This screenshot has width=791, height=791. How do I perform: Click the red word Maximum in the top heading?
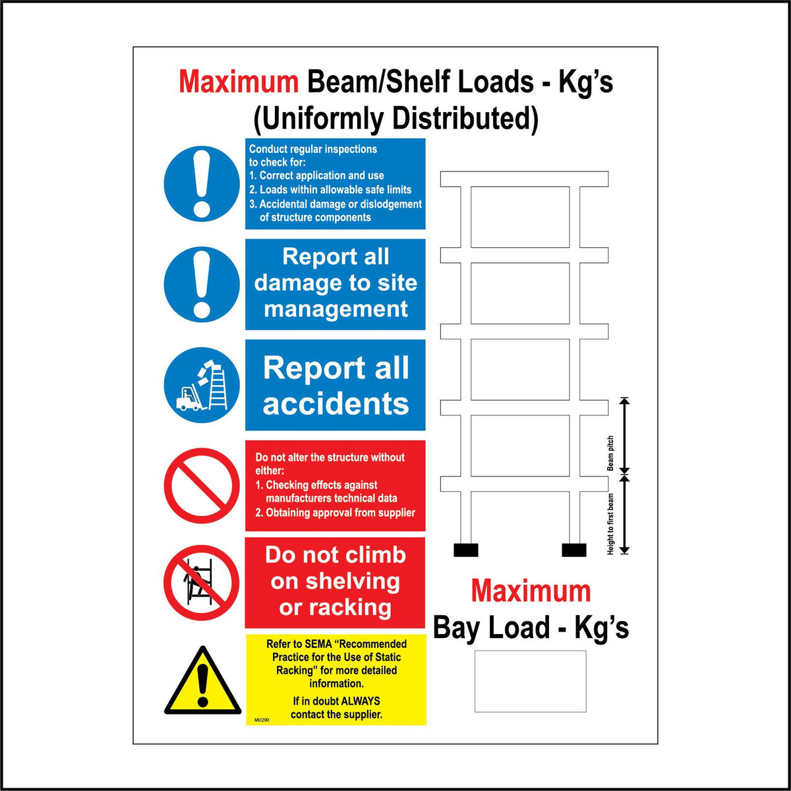tap(239, 82)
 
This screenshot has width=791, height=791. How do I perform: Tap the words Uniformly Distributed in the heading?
tap(395, 119)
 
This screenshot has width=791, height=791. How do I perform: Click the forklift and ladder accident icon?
tap(202, 385)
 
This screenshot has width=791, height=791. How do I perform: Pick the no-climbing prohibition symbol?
tap(202, 583)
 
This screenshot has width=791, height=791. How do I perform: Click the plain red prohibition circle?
tap(202, 485)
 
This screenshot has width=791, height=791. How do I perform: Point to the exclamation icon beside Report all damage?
tap(202, 284)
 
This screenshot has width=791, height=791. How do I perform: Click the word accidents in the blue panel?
tap(336, 404)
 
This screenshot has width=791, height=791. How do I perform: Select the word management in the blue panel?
tap(336, 308)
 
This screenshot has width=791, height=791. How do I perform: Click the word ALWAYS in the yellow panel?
tap(360, 701)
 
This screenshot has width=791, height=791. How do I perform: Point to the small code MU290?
tap(262, 720)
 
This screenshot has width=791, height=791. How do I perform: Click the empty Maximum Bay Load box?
tap(530, 681)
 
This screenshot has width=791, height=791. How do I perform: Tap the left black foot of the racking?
tap(466, 550)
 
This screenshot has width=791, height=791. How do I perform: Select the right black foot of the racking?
tap(573, 550)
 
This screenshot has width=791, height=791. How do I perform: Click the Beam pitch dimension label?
tap(610, 454)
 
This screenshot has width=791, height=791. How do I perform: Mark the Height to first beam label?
tap(610, 524)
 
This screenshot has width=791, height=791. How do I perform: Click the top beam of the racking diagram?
tap(524, 179)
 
